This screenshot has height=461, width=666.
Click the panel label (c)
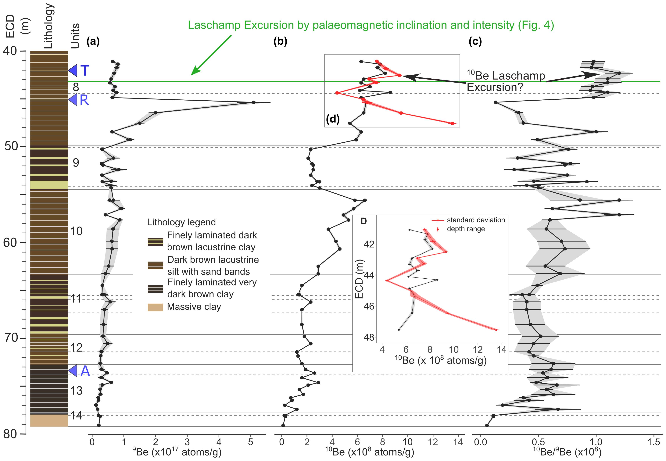[475, 42]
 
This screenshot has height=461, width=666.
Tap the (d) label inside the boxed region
[333, 119]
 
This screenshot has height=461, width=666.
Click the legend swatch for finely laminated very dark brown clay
[155, 289]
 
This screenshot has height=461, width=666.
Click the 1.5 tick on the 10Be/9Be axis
[653, 442]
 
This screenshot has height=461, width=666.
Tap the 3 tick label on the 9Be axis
[187, 442]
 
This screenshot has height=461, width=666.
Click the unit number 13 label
[77, 391]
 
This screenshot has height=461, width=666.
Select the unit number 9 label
[76, 163]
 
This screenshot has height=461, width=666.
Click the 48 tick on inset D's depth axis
[369, 337]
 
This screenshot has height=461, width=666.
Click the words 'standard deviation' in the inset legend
[476, 220]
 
